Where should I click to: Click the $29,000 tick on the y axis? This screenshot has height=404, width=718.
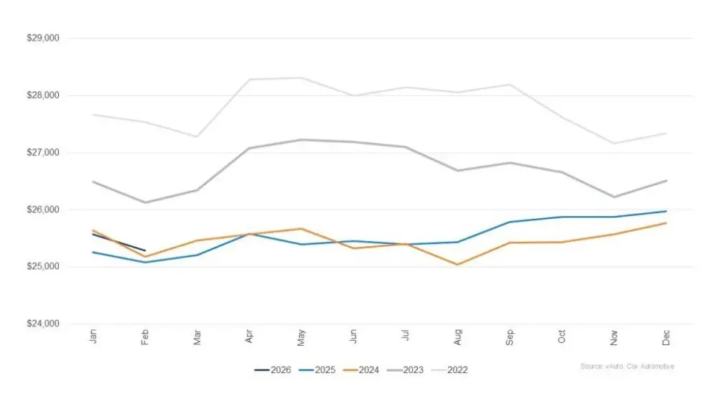pyautogui.click(x=44, y=38)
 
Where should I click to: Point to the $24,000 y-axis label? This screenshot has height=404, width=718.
pyautogui.click(x=44, y=324)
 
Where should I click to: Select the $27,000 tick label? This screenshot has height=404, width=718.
pyautogui.click(x=44, y=152)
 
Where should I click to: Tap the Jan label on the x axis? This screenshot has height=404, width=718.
pyautogui.click(x=93, y=337)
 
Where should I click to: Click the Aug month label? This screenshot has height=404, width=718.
pyautogui.click(x=457, y=337)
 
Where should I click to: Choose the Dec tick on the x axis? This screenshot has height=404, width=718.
pyautogui.click(x=666, y=337)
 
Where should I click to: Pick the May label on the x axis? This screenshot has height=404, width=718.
pyautogui.click(x=301, y=337)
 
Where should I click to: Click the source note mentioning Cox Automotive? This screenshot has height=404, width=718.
pyautogui.click(x=627, y=367)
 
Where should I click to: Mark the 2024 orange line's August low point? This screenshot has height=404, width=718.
pyautogui.click(x=457, y=265)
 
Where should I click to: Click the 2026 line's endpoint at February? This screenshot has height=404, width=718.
pyautogui.click(x=145, y=250)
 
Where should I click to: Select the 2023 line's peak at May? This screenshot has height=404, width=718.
pyautogui.click(x=301, y=140)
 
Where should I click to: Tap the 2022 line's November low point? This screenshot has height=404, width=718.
pyautogui.click(x=614, y=144)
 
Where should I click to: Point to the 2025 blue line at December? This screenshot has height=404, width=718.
pyautogui.click(x=666, y=211)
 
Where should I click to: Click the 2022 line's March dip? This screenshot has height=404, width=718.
pyautogui.click(x=197, y=136)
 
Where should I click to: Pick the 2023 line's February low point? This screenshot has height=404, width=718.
pyautogui.click(x=145, y=202)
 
